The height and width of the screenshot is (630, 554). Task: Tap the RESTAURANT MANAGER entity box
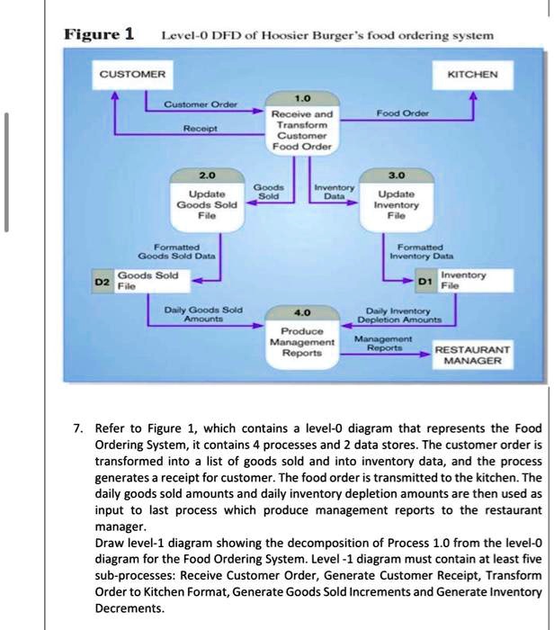(472, 354)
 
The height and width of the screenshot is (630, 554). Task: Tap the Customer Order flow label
(201, 104)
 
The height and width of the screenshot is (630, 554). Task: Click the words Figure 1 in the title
(98, 35)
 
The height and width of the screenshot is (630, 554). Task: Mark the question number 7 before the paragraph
(78, 426)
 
